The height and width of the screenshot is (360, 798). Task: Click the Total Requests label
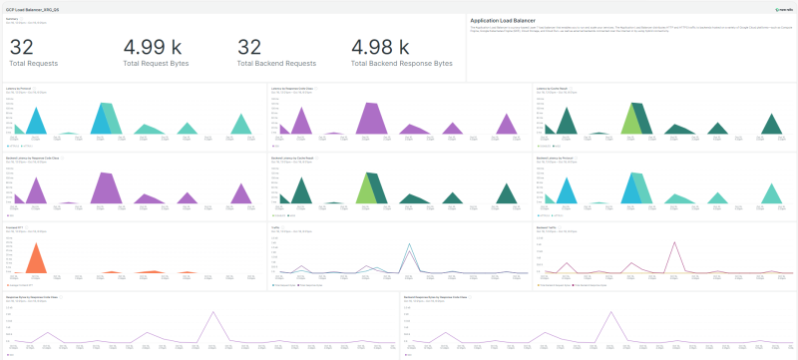coord(32,64)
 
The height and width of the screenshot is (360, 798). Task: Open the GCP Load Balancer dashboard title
coord(29,7)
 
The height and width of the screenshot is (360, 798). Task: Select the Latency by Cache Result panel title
coord(554,89)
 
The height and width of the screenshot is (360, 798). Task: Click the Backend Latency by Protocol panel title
coord(557,158)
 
